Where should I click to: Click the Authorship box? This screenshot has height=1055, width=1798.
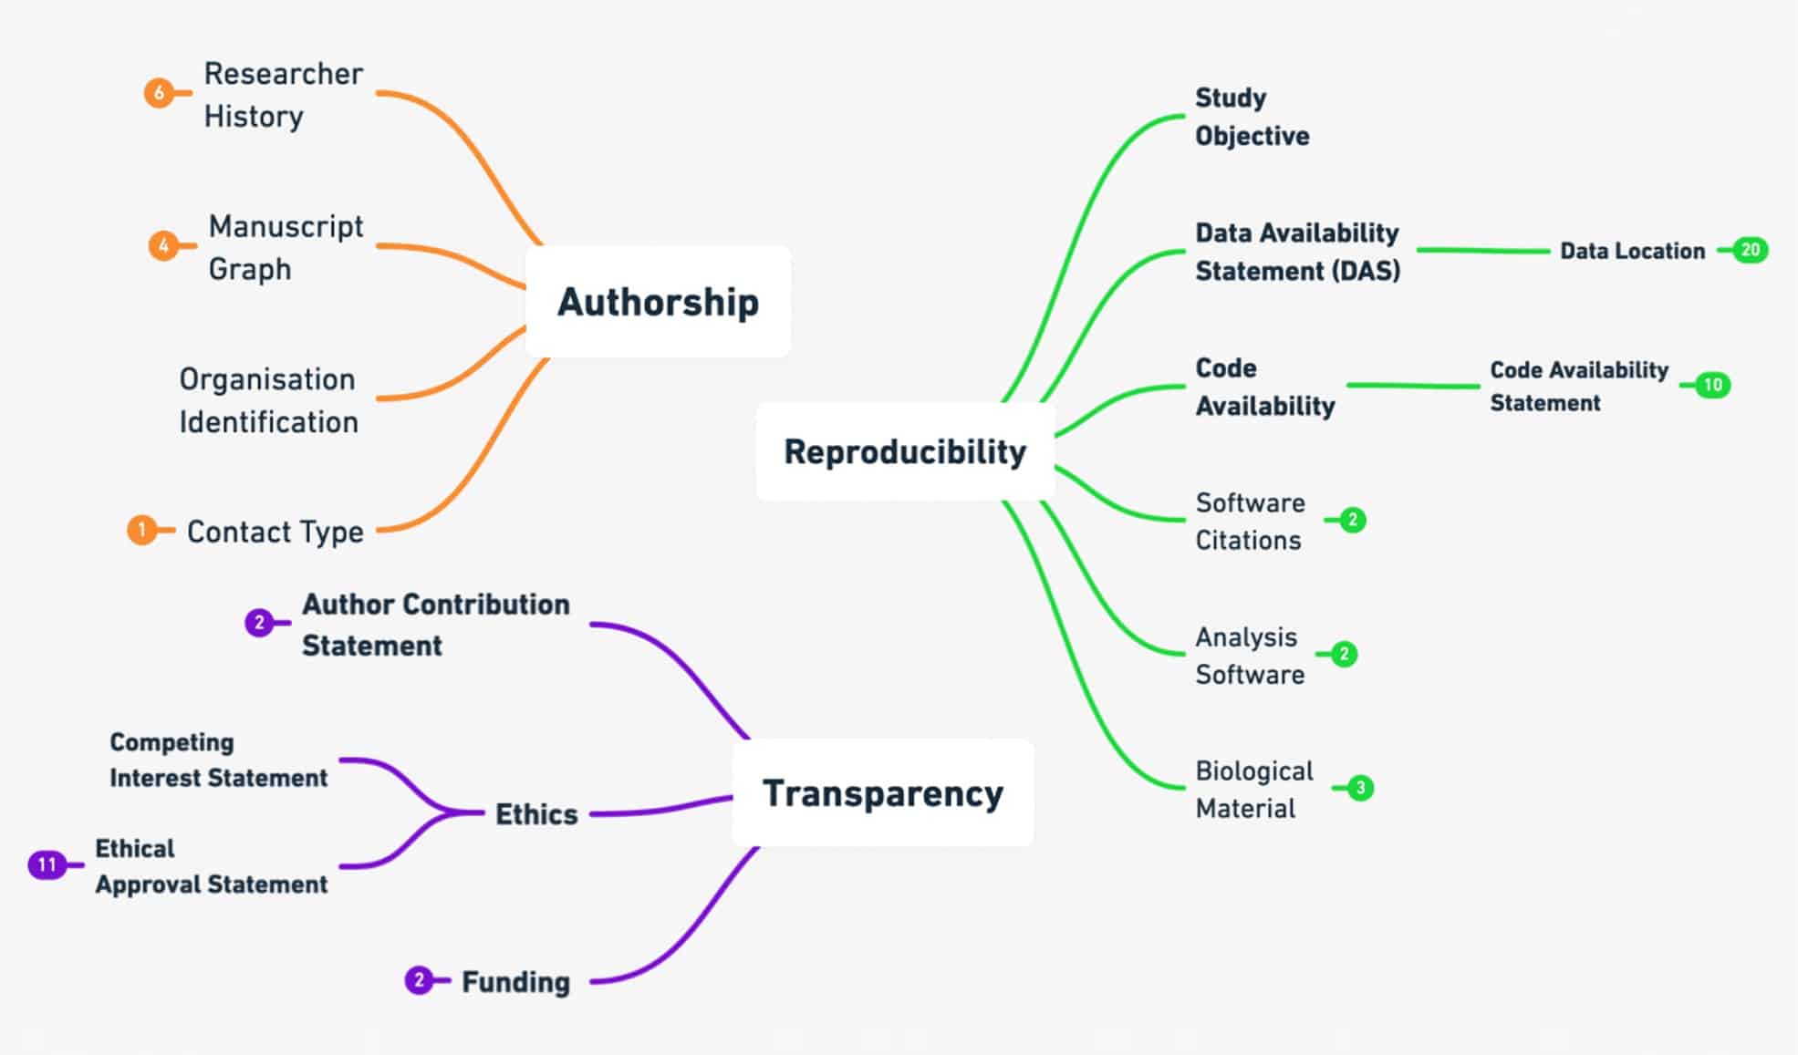click(658, 302)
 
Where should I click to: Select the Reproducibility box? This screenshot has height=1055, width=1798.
click(905, 451)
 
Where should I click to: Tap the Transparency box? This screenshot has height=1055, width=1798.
click(882, 793)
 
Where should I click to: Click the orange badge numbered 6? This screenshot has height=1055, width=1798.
click(159, 93)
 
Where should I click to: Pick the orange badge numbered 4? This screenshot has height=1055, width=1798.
click(163, 246)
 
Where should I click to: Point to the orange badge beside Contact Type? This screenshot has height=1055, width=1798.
click(141, 530)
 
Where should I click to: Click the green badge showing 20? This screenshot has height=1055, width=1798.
click(1751, 250)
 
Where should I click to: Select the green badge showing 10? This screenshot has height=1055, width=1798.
click(1713, 385)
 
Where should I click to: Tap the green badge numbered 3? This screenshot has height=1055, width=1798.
click(1360, 788)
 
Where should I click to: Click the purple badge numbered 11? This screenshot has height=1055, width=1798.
click(47, 864)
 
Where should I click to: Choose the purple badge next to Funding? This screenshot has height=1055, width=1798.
click(419, 980)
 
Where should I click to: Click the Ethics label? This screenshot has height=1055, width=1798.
click(536, 814)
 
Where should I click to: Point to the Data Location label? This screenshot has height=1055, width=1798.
click(1632, 251)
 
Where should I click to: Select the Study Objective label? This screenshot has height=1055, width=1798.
click(1252, 117)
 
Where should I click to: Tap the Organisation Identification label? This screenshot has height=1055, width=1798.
click(268, 400)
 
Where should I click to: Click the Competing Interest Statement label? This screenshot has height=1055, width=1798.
click(218, 760)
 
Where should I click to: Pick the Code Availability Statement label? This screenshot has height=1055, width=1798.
click(1578, 386)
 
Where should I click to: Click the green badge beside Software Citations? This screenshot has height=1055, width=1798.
click(1353, 520)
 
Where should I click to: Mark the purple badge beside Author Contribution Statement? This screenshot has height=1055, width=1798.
click(259, 623)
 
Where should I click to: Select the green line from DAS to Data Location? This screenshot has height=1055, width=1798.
click(1482, 250)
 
